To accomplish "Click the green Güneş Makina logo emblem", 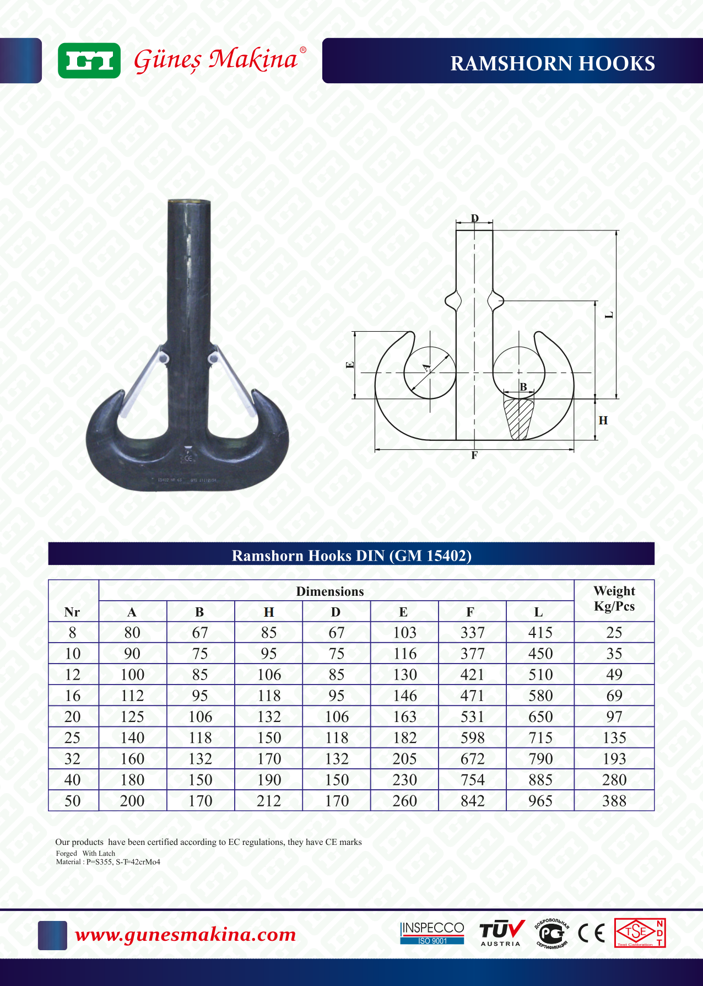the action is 89,61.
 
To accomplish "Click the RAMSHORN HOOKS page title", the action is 553,63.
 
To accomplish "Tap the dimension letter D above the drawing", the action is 475,218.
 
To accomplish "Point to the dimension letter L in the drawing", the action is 609,315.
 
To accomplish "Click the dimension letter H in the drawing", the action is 603,421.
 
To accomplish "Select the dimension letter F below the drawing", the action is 474,455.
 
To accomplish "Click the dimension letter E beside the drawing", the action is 349,365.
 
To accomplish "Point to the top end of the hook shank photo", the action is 189,202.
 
